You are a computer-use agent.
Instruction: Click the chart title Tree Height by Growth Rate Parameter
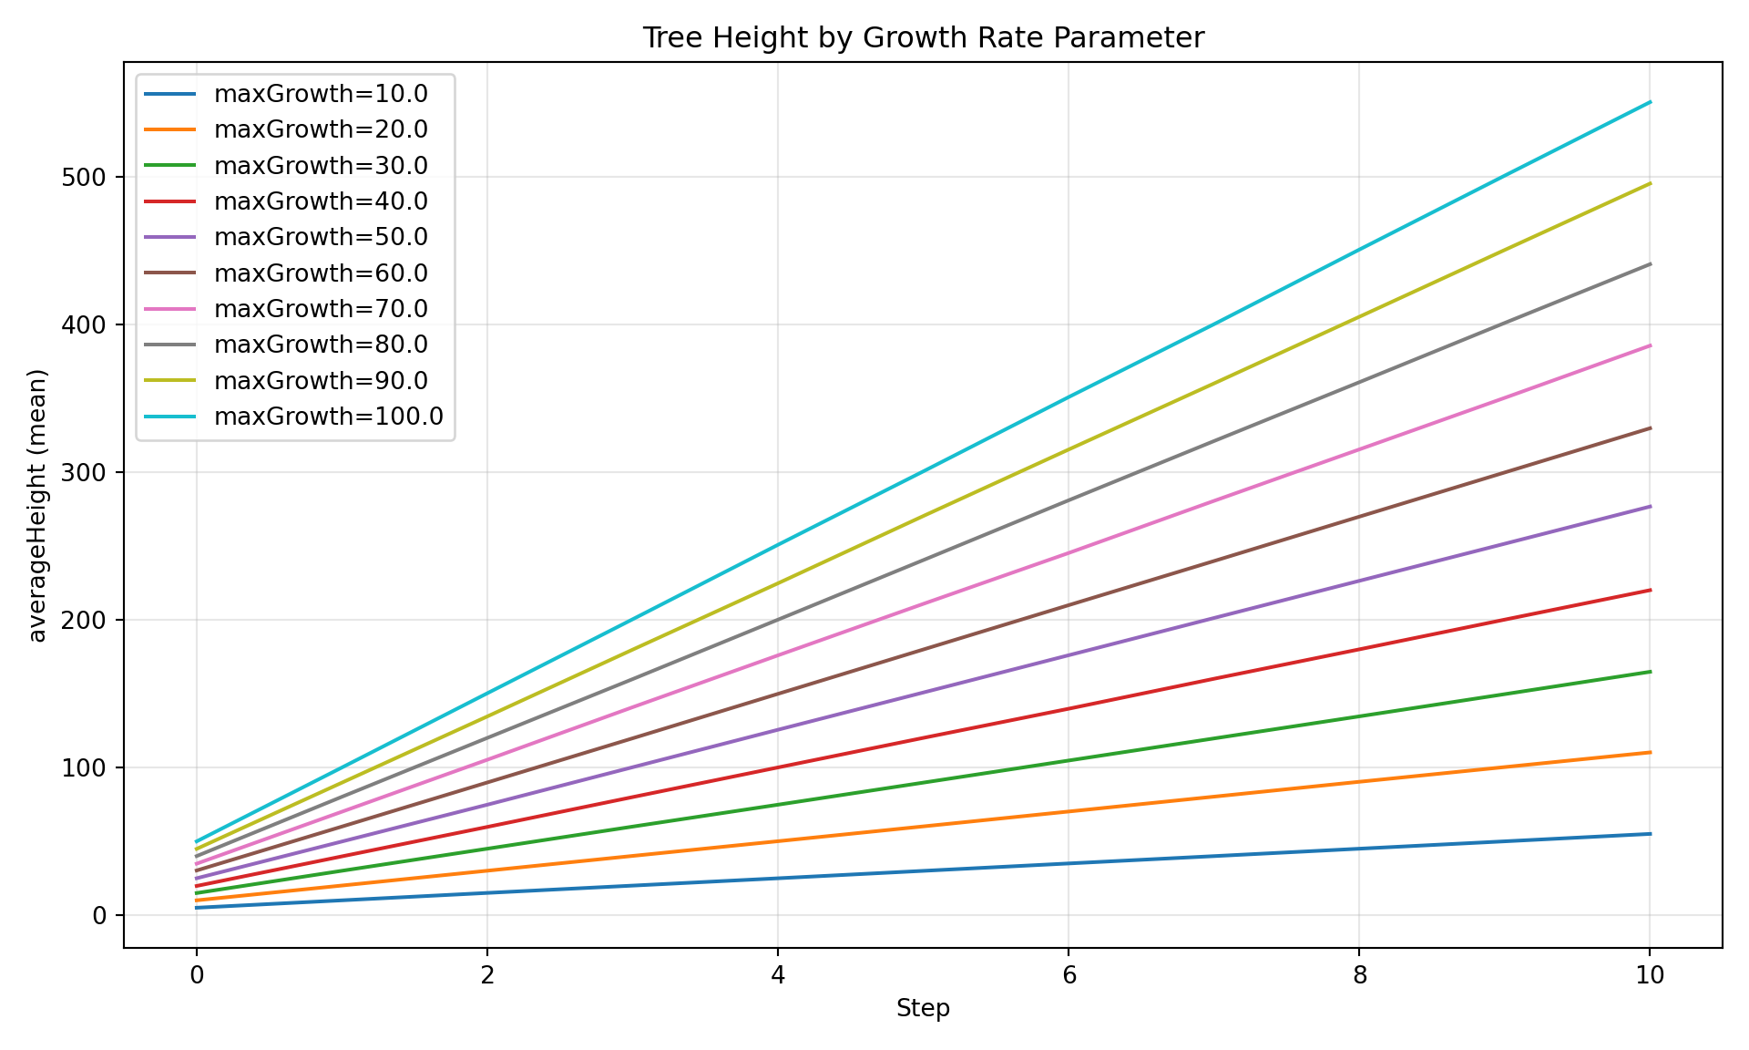click(923, 38)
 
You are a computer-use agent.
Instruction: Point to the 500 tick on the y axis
click(85, 177)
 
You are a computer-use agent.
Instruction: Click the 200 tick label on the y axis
click(85, 620)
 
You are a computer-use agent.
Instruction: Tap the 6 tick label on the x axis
click(1069, 975)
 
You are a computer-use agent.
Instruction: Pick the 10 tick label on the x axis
click(1650, 975)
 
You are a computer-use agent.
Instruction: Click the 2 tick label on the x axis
click(487, 975)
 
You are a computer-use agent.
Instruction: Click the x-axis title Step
click(923, 1008)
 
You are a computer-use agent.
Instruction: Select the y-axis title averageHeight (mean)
click(37, 506)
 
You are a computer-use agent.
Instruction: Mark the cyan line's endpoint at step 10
click(1650, 102)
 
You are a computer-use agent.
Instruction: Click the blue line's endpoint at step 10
click(1650, 834)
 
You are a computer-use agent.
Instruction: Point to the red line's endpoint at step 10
click(1650, 591)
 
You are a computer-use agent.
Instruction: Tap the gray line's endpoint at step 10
click(1650, 264)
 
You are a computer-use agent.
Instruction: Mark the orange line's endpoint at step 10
click(1650, 752)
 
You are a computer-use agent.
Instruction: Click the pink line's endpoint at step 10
click(1650, 345)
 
